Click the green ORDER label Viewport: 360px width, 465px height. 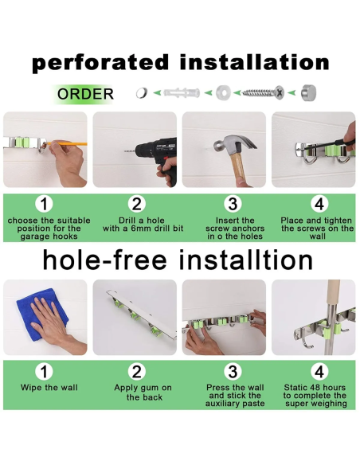pos(85,94)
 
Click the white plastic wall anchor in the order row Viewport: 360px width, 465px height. pos(182,94)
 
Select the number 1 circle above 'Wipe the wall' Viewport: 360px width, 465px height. pos(45,372)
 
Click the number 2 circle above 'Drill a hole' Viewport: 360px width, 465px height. pos(137,204)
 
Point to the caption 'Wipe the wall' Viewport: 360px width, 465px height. pos(45,388)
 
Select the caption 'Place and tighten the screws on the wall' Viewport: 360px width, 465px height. pos(318,229)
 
